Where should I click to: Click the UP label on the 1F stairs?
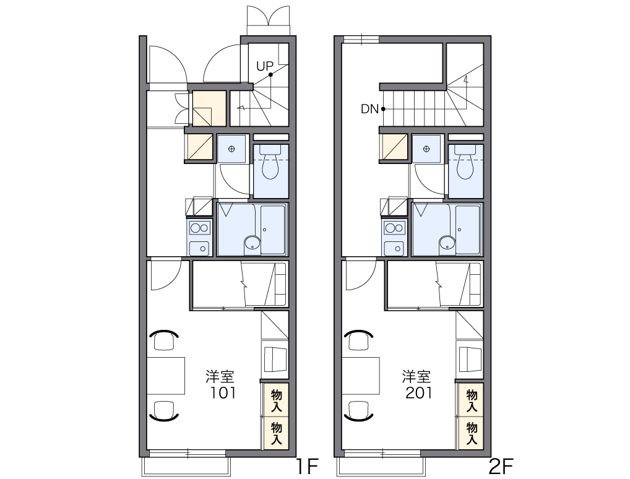point(264,66)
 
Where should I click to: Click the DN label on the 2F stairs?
point(369,109)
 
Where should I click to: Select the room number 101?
point(223,392)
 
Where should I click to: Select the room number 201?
point(419,392)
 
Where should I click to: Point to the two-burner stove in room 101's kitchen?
point(199,228)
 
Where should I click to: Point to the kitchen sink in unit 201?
point(394,248)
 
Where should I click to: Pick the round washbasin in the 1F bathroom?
point(252,243)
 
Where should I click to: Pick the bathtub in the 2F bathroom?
point(468,230)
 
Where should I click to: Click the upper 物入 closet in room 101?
point(276,400)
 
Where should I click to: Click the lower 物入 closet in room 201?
point(472,433)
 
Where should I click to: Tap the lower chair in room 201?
point(359,410)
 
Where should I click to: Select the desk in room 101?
point(166,376)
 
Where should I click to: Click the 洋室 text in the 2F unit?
point(416,376)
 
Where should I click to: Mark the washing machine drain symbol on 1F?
point(231,149)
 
